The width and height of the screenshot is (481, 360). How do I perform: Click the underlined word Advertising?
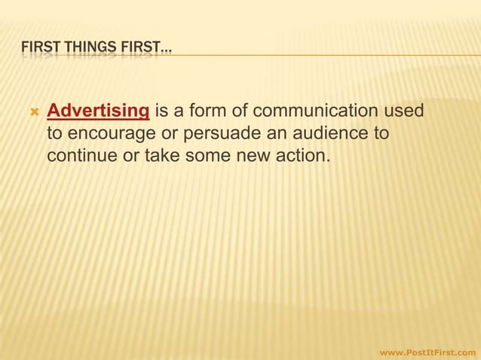(97, 112)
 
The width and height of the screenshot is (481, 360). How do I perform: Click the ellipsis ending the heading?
(166, 51)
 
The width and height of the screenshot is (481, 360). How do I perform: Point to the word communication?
(317, 112)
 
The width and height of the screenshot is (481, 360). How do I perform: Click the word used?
(403, 112)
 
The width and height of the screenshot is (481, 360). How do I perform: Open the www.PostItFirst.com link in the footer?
(427, 352)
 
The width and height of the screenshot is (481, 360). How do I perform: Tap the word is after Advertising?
(162, 112)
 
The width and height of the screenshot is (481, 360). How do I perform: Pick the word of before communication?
(240, 112)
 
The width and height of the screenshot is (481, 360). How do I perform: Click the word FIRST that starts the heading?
(35, 50)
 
